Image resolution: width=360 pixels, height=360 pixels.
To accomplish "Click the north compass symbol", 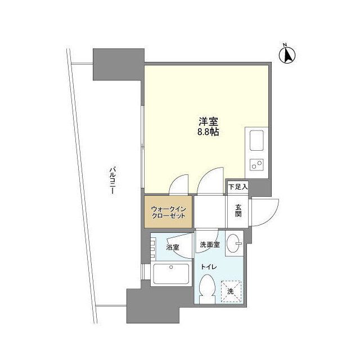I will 289,55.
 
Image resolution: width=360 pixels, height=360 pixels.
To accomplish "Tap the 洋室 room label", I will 208,121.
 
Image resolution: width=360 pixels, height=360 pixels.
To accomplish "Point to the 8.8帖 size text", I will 208,133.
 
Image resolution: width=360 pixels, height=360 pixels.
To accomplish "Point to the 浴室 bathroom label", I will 173,246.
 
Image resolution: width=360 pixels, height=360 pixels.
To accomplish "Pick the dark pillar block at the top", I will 118,65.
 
